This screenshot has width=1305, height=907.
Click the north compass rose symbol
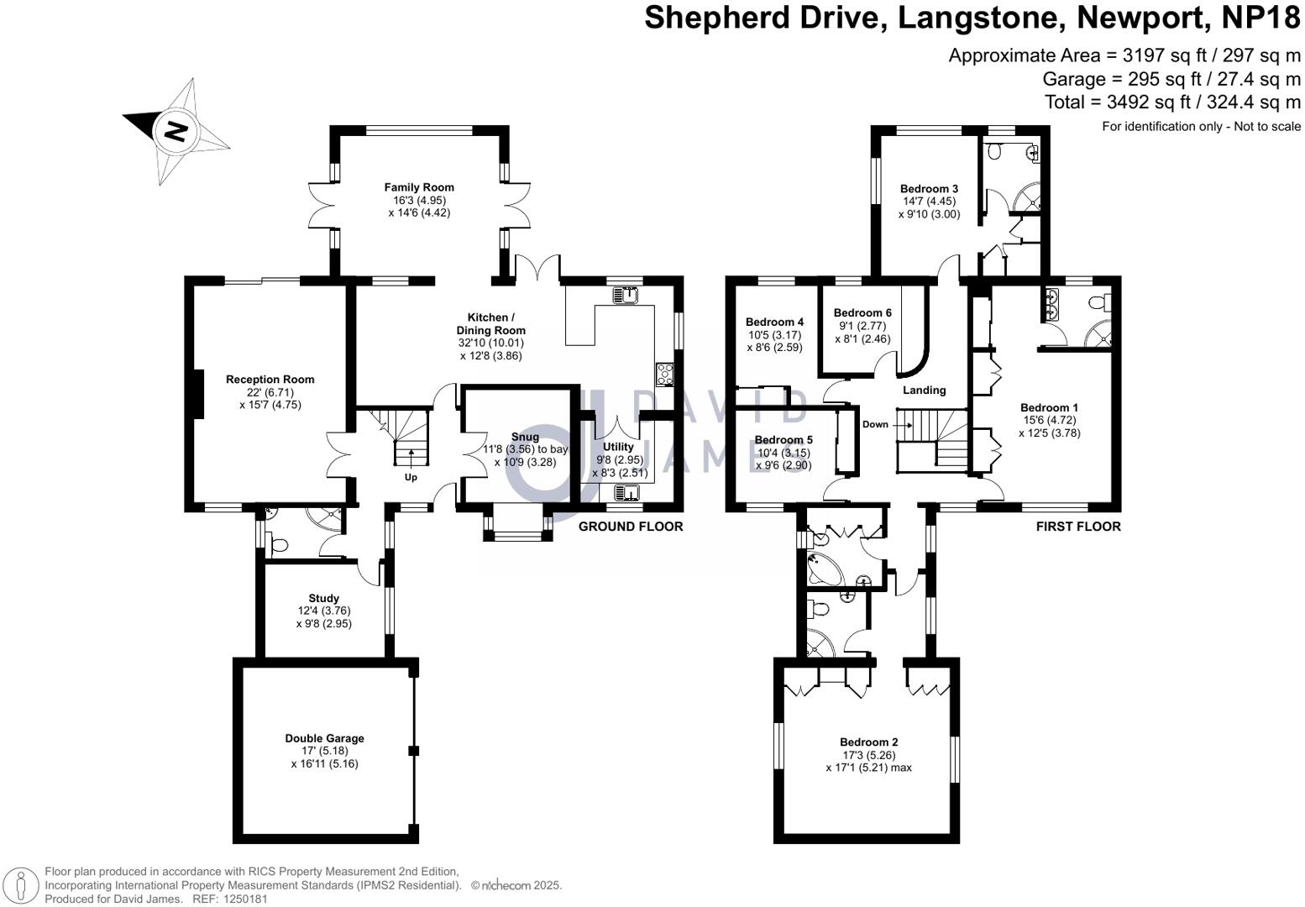[176, 132]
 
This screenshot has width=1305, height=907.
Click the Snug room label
[525, 437]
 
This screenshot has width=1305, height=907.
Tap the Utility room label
[618, 447]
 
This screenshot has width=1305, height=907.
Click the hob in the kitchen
[664, 374]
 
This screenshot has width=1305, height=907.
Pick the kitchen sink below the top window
[625, 295]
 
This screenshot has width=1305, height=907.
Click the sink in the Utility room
[626, 492]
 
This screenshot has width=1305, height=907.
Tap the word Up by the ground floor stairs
[411, 477]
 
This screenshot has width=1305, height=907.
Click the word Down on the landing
[875, 424]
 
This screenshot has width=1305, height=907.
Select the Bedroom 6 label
[862, 312]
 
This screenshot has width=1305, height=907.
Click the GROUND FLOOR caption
[631, 527]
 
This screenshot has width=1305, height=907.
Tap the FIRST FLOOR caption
[1077, 527]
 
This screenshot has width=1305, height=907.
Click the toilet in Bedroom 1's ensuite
[1098, 301]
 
